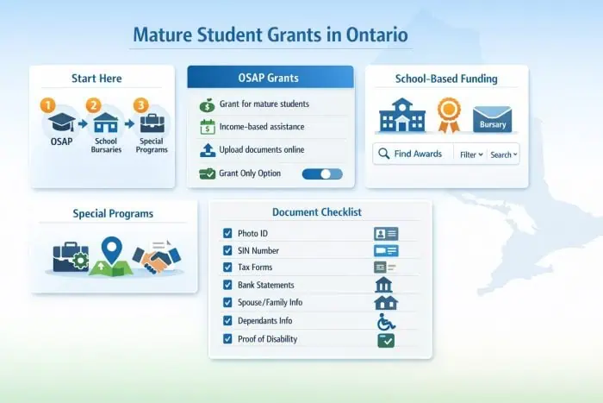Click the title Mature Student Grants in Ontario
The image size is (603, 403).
coord(270,37)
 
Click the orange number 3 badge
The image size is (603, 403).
coord(141,105)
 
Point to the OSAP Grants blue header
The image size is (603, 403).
coord(270,78)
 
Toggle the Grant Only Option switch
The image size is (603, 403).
coord(322,173)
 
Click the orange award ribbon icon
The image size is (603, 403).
coord(448,113)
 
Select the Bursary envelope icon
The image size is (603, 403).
coord(492,119)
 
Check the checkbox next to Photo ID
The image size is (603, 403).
coord(227,233)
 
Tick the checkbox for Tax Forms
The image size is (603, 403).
coord(227,268)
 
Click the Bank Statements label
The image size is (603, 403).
coord(265,285)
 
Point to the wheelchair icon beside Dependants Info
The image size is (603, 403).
coord(386,322)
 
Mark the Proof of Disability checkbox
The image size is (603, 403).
coord(227,339)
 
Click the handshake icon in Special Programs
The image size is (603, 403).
coord(161,256)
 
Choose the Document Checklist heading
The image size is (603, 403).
coord(316,212)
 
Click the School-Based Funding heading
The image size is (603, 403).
coord(446,79)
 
